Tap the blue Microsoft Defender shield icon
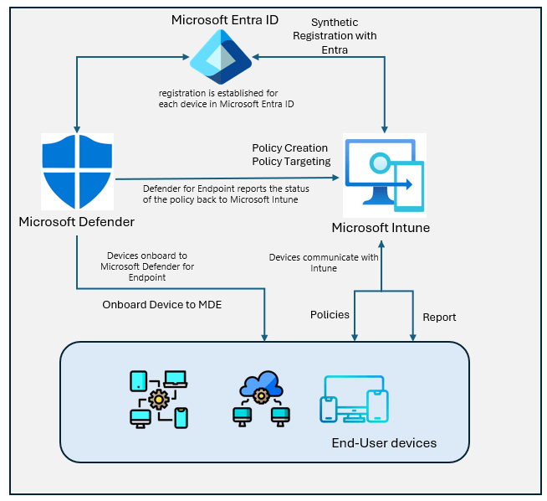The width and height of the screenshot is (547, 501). coord(77,172)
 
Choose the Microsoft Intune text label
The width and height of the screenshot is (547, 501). coord(384,227)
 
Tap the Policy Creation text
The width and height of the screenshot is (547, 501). coord(289,148)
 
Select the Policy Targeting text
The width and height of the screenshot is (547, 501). coord(291,161)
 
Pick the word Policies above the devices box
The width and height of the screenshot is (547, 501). coord(330,315)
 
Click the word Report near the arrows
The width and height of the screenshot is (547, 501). coord(439,318)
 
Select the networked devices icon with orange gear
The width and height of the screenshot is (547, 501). coord(158,399)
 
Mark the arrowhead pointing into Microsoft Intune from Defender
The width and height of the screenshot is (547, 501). coord(337,178)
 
